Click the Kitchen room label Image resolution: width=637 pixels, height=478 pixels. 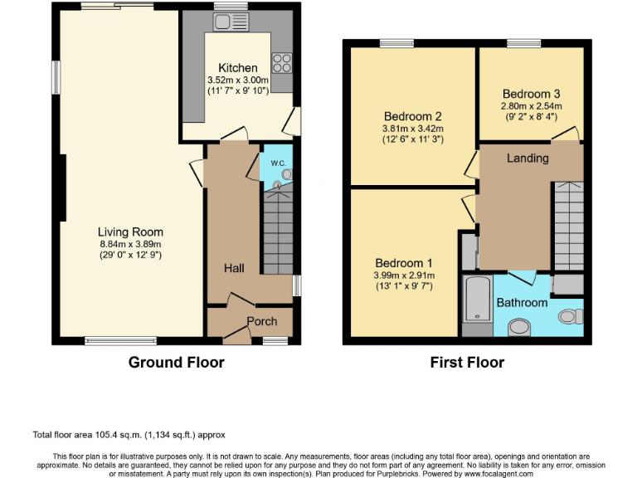coord(237,68)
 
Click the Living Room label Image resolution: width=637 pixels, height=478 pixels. coord(130,232)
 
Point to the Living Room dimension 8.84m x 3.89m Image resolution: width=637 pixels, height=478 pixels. coord(130,244)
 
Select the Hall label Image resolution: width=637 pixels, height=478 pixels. coord(233,268)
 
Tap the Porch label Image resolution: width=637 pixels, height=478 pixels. coord(262,321)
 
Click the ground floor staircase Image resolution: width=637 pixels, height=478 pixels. coord(278,232)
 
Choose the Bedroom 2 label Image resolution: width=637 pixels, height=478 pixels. coord(412,116)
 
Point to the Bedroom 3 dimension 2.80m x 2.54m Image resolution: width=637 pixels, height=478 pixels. coord(531,106)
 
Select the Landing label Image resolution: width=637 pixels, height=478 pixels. coord(528,158)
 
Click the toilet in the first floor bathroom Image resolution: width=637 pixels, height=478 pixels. coord(570,316)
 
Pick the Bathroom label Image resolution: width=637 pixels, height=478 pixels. coord(522,303)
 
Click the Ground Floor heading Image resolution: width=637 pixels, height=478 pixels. coord(176,362)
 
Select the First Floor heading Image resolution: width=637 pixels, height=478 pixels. coord(467,362)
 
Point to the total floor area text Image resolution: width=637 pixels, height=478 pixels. coord(129,434)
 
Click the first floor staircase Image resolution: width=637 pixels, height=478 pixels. coord(569,224)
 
